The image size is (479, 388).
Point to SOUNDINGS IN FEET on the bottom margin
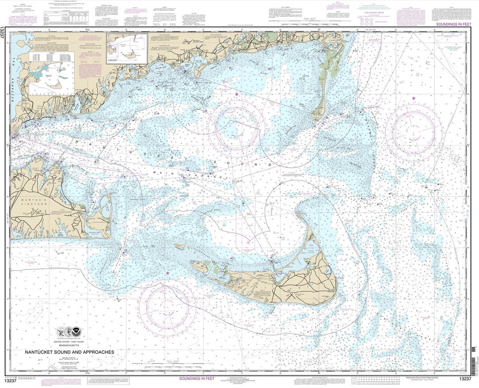(203, 379)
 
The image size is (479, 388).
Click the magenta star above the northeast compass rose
(413, 98)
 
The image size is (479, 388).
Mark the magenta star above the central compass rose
(236, 94)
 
